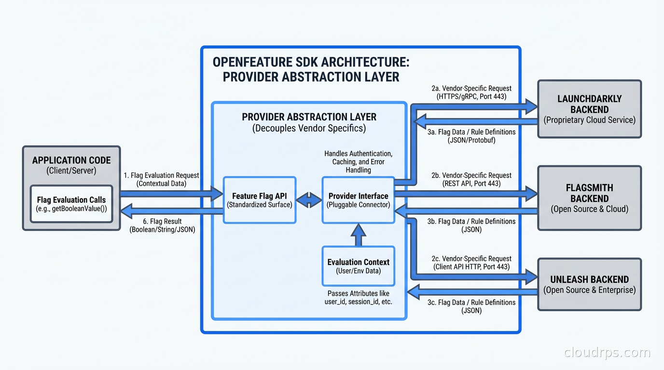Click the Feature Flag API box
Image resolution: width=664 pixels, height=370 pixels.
(x=260, y=200)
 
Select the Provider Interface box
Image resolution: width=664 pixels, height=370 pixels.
(x=358, y=200)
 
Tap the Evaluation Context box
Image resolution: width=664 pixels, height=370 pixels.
(x=358, y=266)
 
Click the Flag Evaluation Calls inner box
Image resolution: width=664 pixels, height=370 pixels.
(x=71, y=204)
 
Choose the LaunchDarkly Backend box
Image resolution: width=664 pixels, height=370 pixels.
(x=589, y=109)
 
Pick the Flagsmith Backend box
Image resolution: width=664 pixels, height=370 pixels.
(x=589, y=198)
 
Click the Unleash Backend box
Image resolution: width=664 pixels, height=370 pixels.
(x=589, y=284)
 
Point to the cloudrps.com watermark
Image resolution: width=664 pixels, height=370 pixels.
(x=607, y=353)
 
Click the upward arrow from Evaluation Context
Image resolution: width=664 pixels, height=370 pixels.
(x=358, y=235)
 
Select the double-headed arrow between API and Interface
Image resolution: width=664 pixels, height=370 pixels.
(x=309, y=200)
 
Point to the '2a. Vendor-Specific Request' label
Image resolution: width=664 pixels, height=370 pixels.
(x=471, y=89)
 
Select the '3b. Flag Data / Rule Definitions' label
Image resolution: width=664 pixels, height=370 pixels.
(x=471, y=221)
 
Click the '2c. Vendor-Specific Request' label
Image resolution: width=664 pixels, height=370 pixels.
(x=471, y=259)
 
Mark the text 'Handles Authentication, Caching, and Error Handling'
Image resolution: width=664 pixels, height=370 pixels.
(x=358, y=161)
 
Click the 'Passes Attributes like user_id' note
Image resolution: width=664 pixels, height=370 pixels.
(x=358, y=297)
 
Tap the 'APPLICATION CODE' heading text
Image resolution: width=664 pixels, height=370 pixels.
(x=71, y=160)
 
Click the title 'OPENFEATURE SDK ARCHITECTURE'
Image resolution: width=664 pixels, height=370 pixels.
(x=311, y=62)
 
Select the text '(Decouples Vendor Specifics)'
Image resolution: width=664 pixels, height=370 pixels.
(x=309, y=128)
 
